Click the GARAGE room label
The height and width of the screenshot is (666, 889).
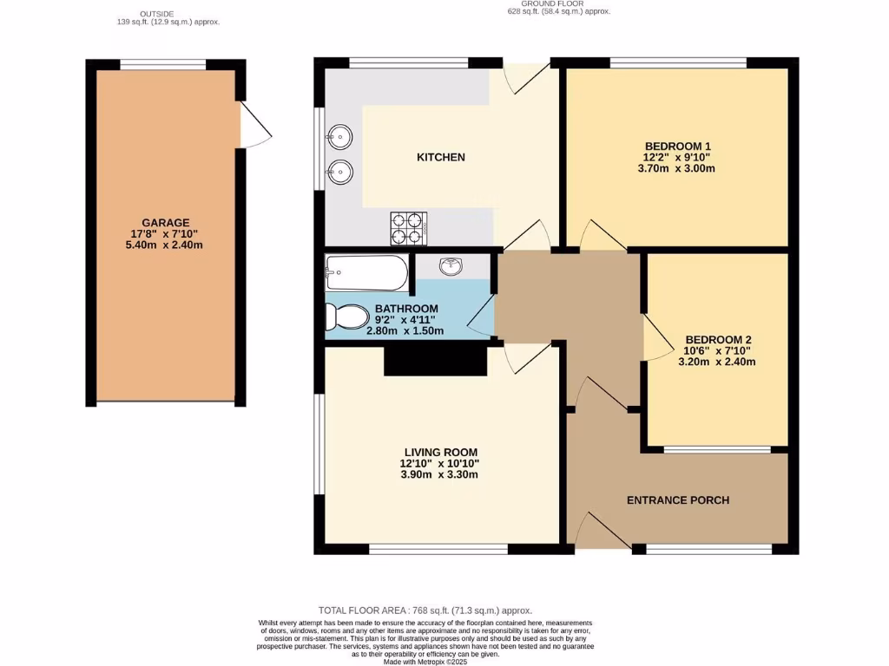[x=166, y=222]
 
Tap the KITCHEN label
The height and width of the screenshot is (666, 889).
[x=441, y=157]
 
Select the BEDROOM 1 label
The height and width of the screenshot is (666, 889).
[x=678, y=145]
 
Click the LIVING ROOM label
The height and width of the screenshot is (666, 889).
[x=440, y=452]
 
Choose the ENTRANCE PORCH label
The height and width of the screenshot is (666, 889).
[x=678, y=499]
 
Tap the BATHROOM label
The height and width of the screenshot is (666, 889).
[x=406, y=308]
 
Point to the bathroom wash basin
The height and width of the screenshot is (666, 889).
[x=452, y=266]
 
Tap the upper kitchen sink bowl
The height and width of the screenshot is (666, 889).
[x=339, y=136]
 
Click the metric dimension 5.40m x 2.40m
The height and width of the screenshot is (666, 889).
[x=166, y=245]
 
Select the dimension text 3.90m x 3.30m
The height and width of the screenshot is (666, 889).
[x=440, y=475]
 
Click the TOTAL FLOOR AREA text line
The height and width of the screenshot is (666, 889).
[x=425, y=610]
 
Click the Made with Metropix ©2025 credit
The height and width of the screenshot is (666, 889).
[x=425, y=663]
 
